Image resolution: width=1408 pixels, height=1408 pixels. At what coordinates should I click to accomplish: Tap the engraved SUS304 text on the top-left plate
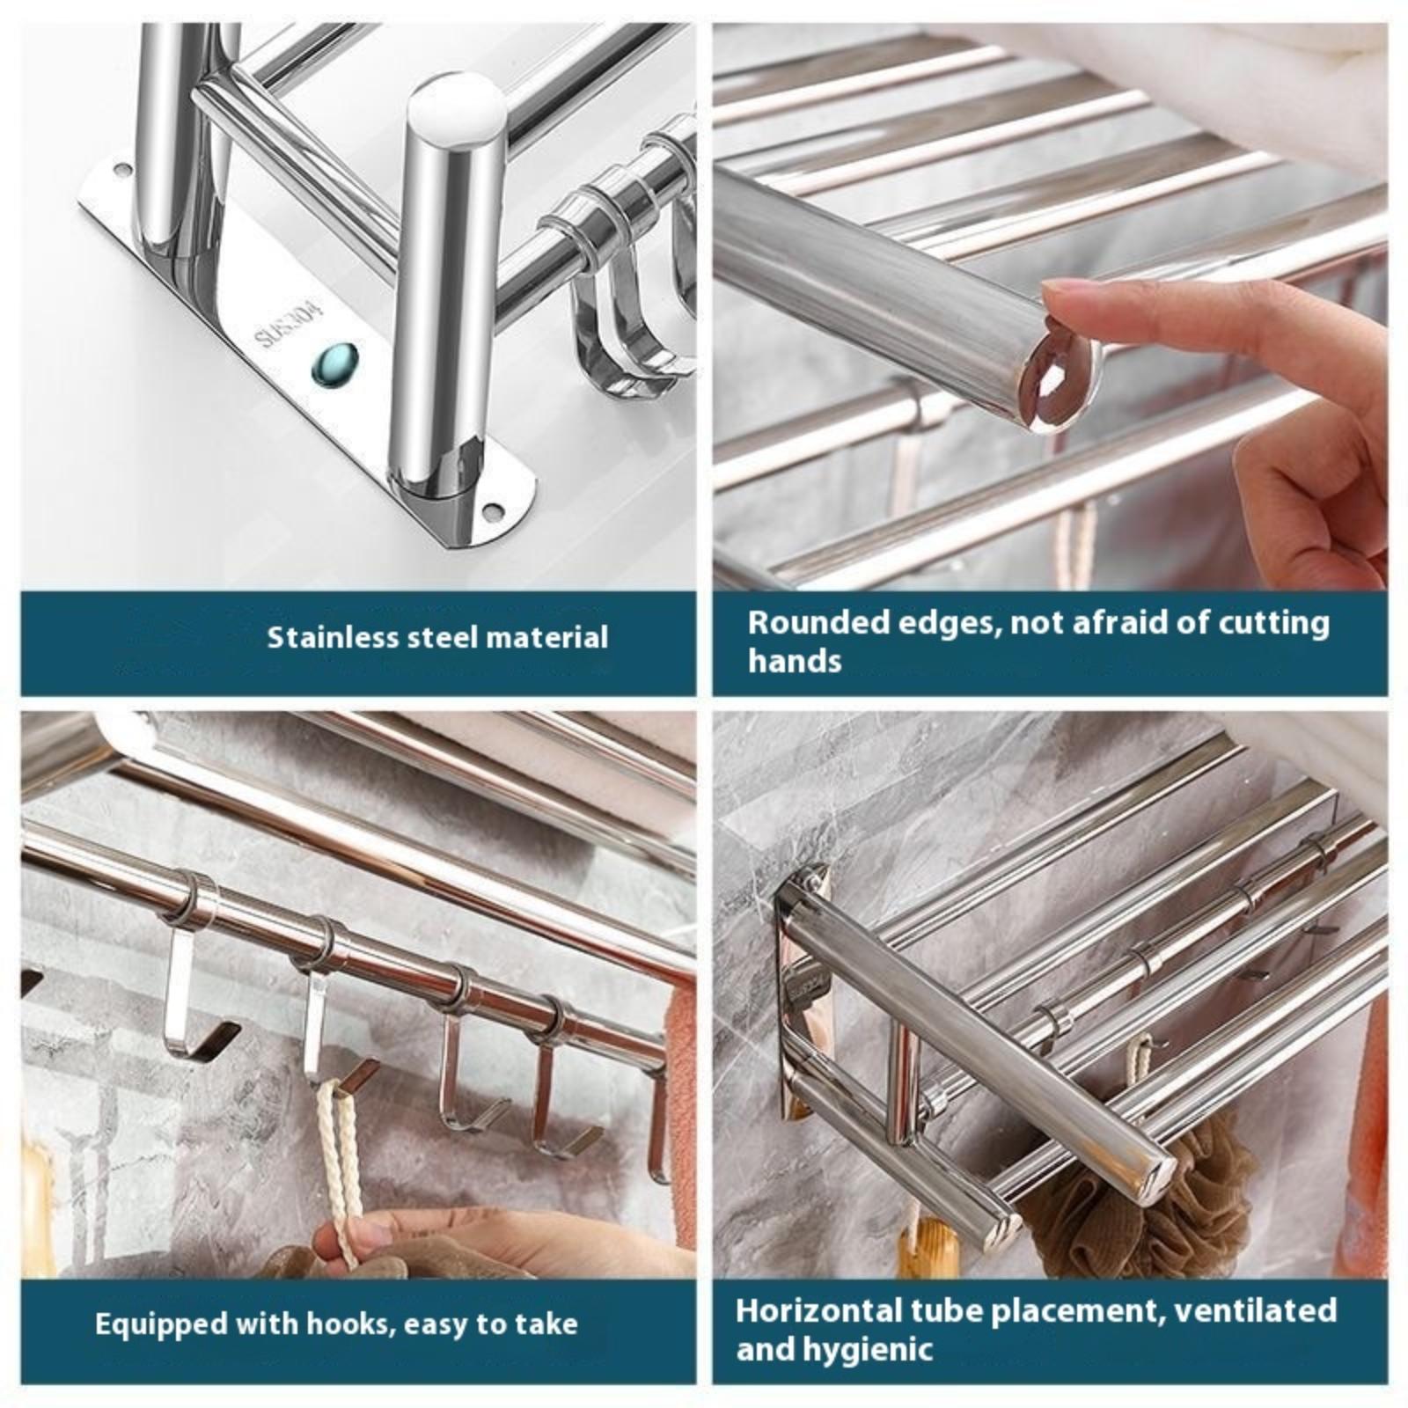point(290,325)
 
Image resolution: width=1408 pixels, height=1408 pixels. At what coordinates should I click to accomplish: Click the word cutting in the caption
point(1273,623)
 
